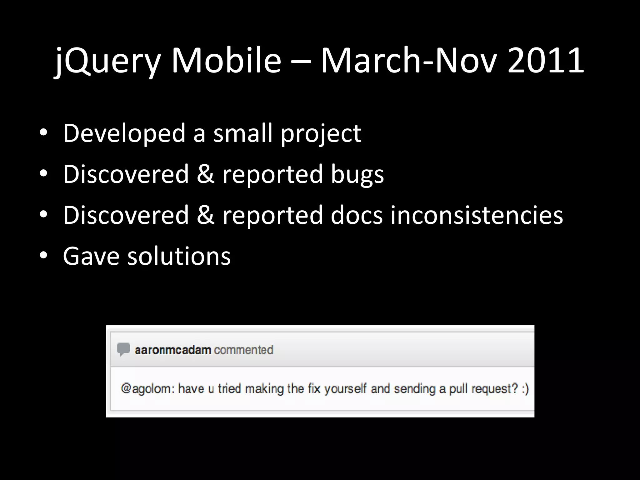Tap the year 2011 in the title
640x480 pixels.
coord(546,61)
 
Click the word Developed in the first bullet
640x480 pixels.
coord(124,133)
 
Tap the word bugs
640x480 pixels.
coord(357,174)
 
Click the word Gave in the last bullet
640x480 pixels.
coord(91,256)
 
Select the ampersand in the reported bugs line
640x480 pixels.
coord(205,174)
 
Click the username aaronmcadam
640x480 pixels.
coord(173,350)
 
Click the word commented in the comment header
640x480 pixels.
coord(243,350)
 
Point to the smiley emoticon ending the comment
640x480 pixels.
coord(525,389)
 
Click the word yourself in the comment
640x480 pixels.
coord(345,389)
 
